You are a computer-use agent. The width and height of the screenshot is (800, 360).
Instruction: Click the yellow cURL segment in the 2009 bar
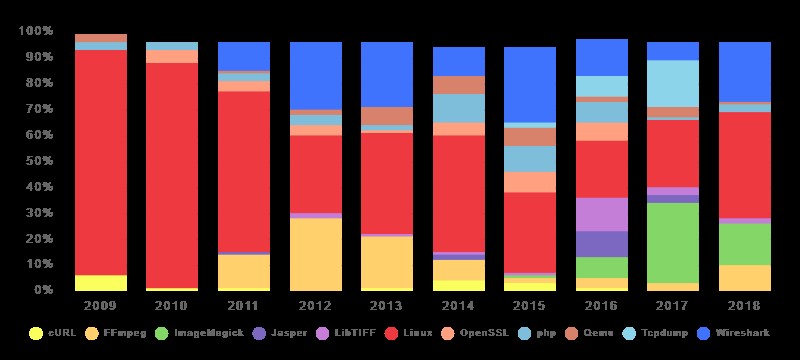point(101,282)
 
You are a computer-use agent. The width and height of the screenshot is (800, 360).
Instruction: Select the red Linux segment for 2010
point(172,175)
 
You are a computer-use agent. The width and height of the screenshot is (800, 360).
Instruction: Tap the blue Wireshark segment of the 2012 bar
point(316,76)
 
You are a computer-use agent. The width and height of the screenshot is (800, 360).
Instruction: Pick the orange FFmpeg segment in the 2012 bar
point(316,254)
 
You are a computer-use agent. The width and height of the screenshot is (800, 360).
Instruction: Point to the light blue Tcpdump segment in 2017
point(673,84)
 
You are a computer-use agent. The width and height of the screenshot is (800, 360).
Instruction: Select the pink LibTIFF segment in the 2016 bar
point(602,215)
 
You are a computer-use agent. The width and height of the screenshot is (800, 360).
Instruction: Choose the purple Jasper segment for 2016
point(602,244)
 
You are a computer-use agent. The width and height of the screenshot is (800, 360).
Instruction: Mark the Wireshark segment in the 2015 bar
point(530,85)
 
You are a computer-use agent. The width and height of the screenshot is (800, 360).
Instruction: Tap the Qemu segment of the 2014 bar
point(459,85)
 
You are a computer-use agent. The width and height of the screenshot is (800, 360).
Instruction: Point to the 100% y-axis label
point(35,31)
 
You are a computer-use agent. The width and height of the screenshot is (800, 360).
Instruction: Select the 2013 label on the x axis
point(387,306)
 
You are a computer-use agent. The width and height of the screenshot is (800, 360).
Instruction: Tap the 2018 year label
point(745,306)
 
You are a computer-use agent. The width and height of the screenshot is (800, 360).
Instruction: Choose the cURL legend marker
point(36,333)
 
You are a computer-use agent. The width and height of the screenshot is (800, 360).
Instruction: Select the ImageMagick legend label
point(209,333)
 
